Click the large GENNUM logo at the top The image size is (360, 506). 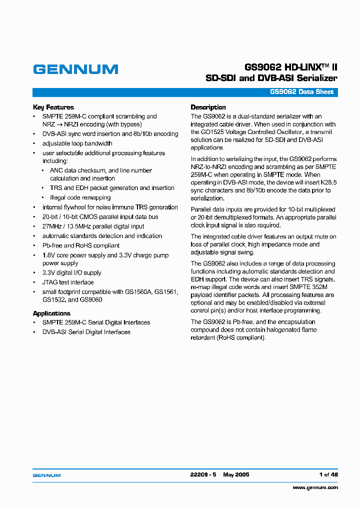pyautogui.click(x=75, y=69)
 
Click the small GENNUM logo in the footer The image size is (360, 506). pyautogui.click(x=46, y=475)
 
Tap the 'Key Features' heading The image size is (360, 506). pyautogui.click(x=53, y=107)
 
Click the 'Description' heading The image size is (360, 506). pyautogui.click(x=208, y=107)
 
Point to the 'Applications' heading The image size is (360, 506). pyautogui.click(x=51, y=313)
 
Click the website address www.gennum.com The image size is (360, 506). pyautogui.click(x=315, y=487)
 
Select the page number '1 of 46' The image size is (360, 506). pyautogui.click(x=328, y=475)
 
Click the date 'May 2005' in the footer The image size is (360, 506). pyautogui.click(x=236, y=475)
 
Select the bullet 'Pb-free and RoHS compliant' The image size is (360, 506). pyautogui.click(x=80, y=245)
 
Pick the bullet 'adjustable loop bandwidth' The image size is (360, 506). pyautogui.click(x=77, y=143)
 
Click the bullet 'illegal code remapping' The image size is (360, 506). pyautogui.click(x=80, y=197)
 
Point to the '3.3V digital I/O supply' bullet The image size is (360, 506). pyautogui.click(x=71, y=273)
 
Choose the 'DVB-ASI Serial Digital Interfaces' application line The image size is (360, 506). pyautogui.click(x=86, y=332)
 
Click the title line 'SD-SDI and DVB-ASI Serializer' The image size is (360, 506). pyautogui.click(x=271, y=78)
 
